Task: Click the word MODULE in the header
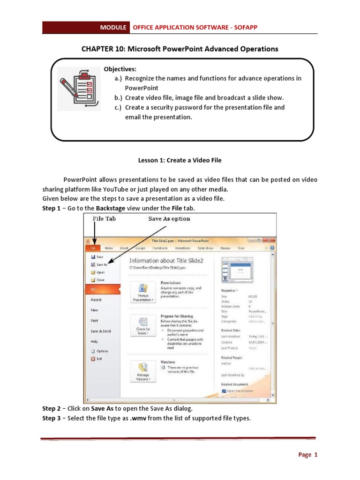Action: [x=113, y=28]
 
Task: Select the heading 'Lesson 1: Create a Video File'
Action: [x=180, y=160]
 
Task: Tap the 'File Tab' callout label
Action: [x=105, y=219]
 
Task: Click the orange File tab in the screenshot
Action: [x=93, y=248]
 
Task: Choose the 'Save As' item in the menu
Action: [x=102, y=264]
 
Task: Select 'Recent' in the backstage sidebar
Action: [x=96, y=300]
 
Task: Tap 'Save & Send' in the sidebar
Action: [x=101, y=331]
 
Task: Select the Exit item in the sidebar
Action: [x=98, y=359]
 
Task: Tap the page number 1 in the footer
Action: [x=316, y=454]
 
